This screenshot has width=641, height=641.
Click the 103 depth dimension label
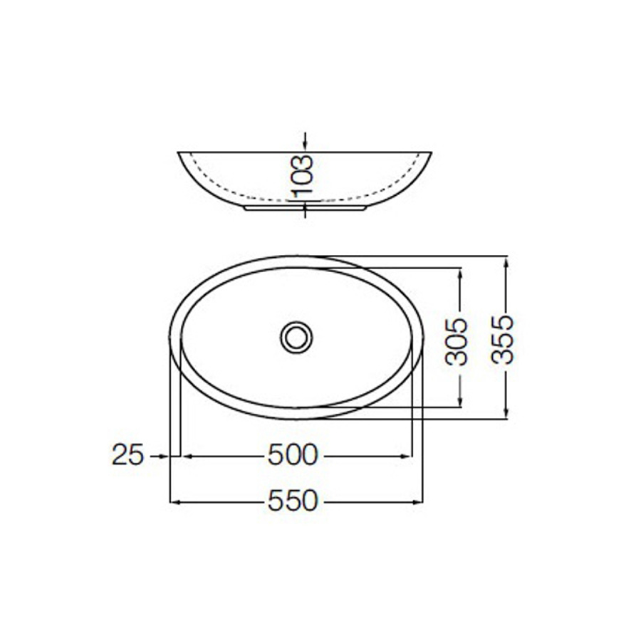tap(302, 176)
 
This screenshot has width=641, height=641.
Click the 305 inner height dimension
tap(457, 341)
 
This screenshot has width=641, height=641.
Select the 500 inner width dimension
tap(292, 455)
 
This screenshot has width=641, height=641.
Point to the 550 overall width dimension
tap(292, 501)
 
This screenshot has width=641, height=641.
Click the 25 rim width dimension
tap(128, 455)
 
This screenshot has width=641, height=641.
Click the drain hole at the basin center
tap(296, 337)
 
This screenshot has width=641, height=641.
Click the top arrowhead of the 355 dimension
tap(505, 262)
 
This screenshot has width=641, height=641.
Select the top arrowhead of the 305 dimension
tap(459, 273)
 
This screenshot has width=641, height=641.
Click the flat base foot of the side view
tap(305, 209)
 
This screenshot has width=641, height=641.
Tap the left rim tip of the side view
tap(178, 153)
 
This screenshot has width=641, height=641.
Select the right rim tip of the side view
tap(430, 153)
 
